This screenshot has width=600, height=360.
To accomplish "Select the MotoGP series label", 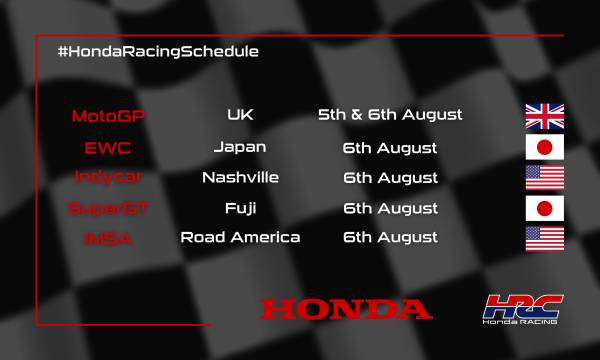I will coord(108,116).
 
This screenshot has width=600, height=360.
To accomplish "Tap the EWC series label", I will coord(108,148).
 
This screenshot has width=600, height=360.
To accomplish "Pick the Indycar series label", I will coord(108,178).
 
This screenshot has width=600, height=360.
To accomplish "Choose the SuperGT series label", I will coord(108,208).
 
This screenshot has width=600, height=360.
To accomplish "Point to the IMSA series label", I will coord(108,238).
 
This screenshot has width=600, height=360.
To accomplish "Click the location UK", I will coord(240,115).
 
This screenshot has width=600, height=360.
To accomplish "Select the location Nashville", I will coord(240,178).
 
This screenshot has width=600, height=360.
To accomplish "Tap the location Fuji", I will coord(240,208).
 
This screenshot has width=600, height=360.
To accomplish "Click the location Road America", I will coord(240,238).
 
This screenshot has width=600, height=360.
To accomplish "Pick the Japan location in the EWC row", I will coord(240,147).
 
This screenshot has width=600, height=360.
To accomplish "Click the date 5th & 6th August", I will coord(390,115).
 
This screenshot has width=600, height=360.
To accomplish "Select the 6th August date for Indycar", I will coord(390,178).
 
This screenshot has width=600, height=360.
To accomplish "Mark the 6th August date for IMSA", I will coord(390,238).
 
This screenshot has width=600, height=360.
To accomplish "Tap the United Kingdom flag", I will coord(545,116).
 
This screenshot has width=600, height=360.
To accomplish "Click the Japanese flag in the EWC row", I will coord(545,148).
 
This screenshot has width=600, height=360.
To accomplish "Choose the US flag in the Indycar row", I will coord(545,178).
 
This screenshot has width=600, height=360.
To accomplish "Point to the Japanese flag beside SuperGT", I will coord(545,208).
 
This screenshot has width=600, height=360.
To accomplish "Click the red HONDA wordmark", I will coord(346,309).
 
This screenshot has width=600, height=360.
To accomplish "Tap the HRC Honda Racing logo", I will coord(519,309).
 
